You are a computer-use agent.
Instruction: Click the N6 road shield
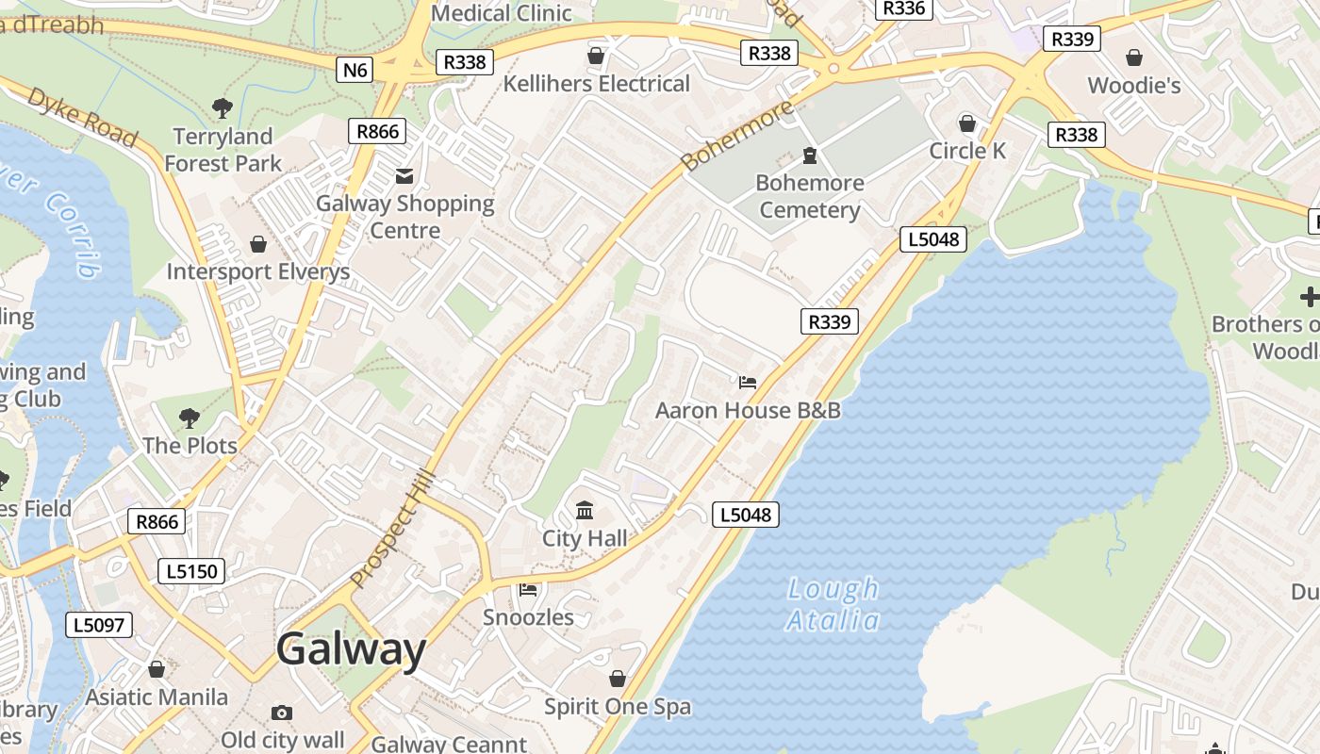click(355, 69)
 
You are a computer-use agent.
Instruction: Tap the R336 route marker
click(903, 8)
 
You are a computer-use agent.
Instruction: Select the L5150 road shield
click(191, 570)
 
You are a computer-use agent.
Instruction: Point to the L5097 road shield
click(99, 624)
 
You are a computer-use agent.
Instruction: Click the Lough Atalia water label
click(833, 604)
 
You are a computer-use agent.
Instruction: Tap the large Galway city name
click(352, 649)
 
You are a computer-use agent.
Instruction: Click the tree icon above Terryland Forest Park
click(223, 108)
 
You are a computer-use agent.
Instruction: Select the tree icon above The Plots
click(190, 417)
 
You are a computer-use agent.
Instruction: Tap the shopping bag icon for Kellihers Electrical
click(596, 56)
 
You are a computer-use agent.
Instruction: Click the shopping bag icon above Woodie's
click(1134, 57)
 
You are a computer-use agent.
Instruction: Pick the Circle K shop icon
click(967, 123)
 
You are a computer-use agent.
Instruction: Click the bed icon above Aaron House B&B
click(748, 383)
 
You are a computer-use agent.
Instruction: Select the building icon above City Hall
click(585, 511)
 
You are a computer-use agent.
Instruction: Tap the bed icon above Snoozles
click(528, 590)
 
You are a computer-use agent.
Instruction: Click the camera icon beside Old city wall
click(281, 713)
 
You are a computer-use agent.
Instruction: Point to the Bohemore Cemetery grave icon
click(809, 155)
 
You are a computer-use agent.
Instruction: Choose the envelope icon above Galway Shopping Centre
click(404, 175)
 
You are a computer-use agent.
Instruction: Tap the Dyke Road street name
click(82, 116)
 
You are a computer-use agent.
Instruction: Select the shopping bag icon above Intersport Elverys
click(257, 245)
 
